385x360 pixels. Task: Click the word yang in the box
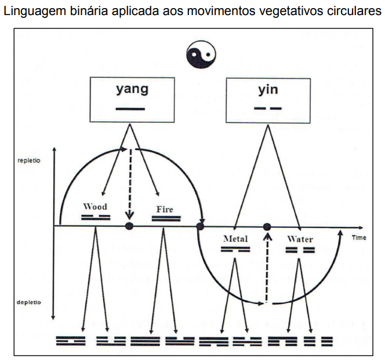132,90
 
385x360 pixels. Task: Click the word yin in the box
267,90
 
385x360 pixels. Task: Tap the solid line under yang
132,108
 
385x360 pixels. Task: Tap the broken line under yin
267,108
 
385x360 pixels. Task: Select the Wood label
95,206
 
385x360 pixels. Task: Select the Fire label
165,209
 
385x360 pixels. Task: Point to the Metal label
235,239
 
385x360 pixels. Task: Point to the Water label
300,239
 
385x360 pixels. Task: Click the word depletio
28,303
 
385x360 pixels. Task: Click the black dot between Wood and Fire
130,225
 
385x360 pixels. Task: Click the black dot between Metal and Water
267,226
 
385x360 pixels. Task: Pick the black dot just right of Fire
201,225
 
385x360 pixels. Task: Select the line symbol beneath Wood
95,217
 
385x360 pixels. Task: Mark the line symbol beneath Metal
235,249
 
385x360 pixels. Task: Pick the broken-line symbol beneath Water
300,250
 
